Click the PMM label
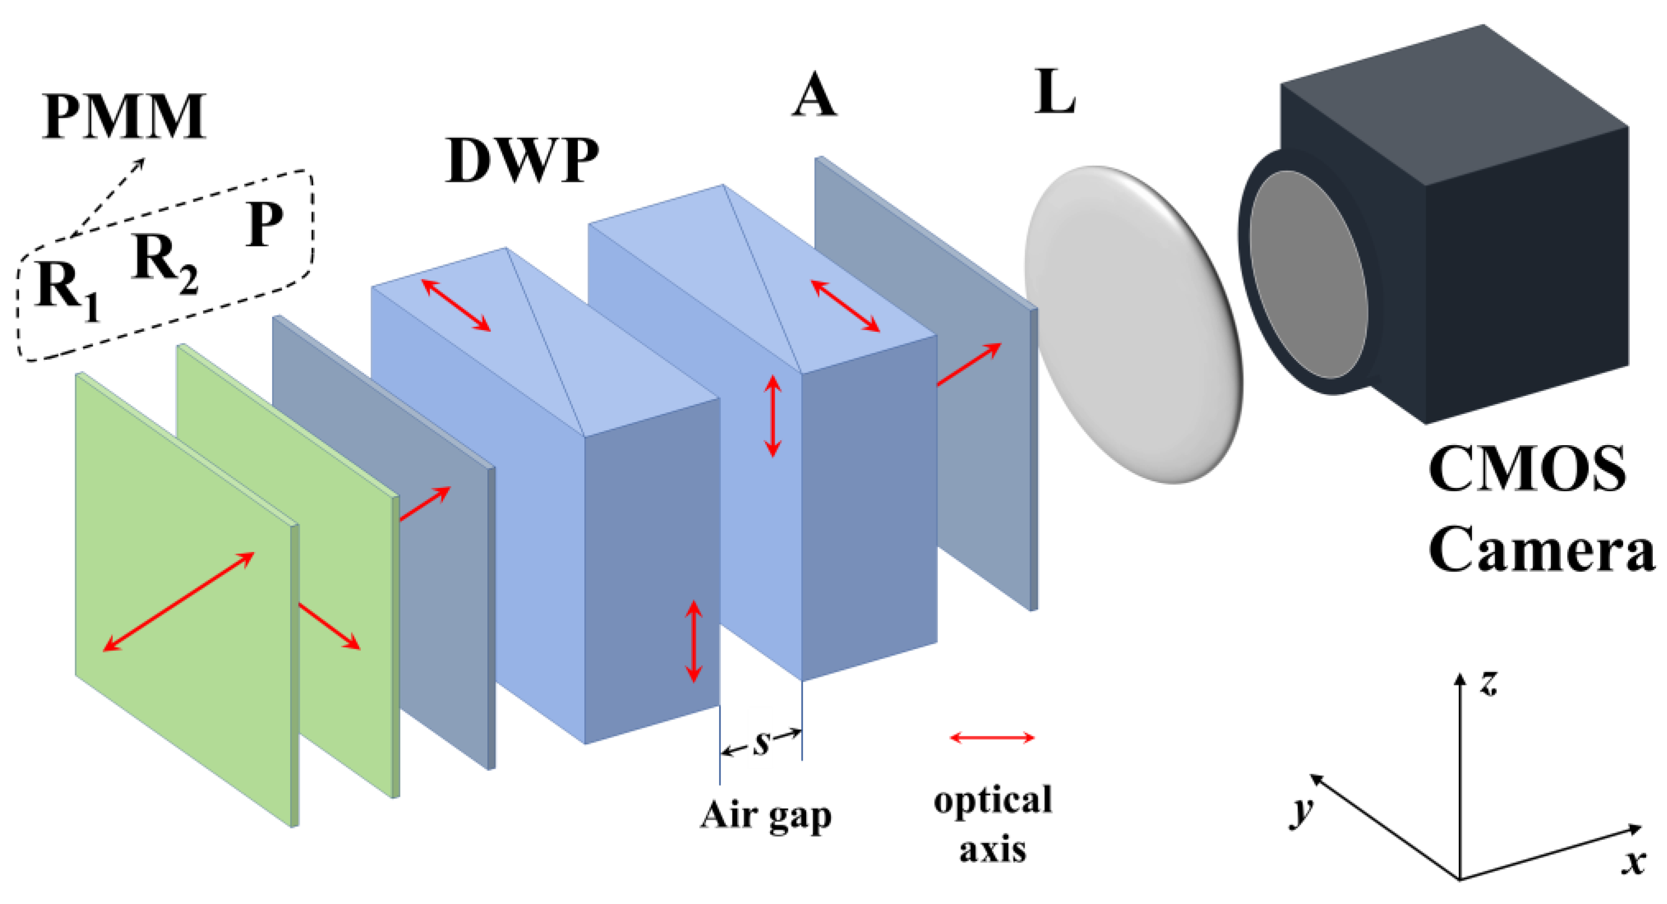coord(124,117)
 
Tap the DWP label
coord(521,160)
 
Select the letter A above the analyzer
coord(814,95)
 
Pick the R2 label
coord(163,262)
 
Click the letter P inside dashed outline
coord(264,224)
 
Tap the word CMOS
coord(1526,469)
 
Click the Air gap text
coord(766,815)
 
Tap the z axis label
coord(1489,683)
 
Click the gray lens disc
coord(1133,324)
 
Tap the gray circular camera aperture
coord(1307,275)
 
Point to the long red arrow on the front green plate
coord(179,601)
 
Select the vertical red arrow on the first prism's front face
coord(693,641)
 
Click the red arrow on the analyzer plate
coord(969,364)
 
